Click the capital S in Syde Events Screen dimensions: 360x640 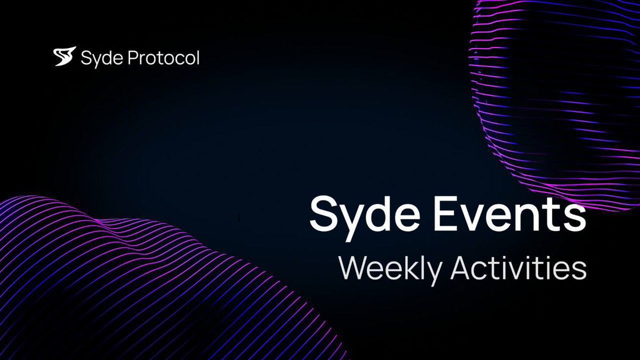point(324,213)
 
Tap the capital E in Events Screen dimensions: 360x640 point(446,213)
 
